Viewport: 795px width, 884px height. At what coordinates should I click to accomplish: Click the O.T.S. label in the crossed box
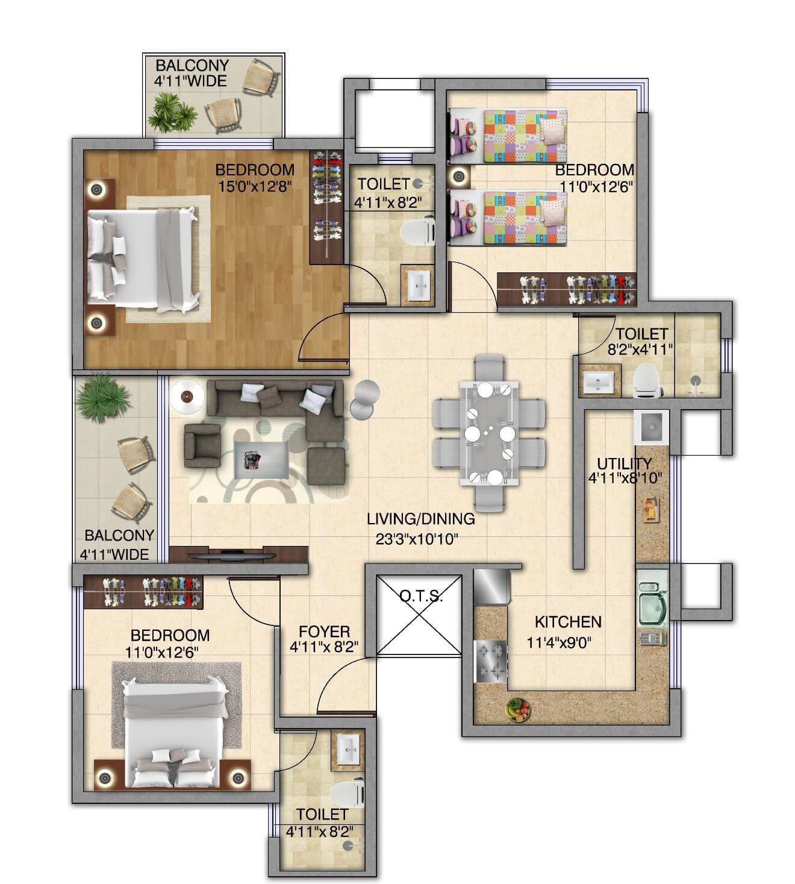click(421, 597)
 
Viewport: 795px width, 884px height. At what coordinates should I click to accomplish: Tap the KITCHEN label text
click(568, 621)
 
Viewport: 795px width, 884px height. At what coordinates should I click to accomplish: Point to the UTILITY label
click(624, 463)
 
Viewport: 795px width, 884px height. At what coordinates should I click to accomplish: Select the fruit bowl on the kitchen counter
click(517, 709)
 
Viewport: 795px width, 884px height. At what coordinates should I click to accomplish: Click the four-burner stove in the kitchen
click(491, 662)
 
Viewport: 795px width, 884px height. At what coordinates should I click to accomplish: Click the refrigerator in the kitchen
click(491, 587)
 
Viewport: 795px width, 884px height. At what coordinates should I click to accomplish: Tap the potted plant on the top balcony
click(172, 114)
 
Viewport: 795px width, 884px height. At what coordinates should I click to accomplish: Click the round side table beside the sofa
click(185, 397)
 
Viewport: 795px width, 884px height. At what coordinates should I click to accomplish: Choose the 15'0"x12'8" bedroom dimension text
click(255, 186)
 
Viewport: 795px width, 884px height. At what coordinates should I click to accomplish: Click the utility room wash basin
click(651, 427)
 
